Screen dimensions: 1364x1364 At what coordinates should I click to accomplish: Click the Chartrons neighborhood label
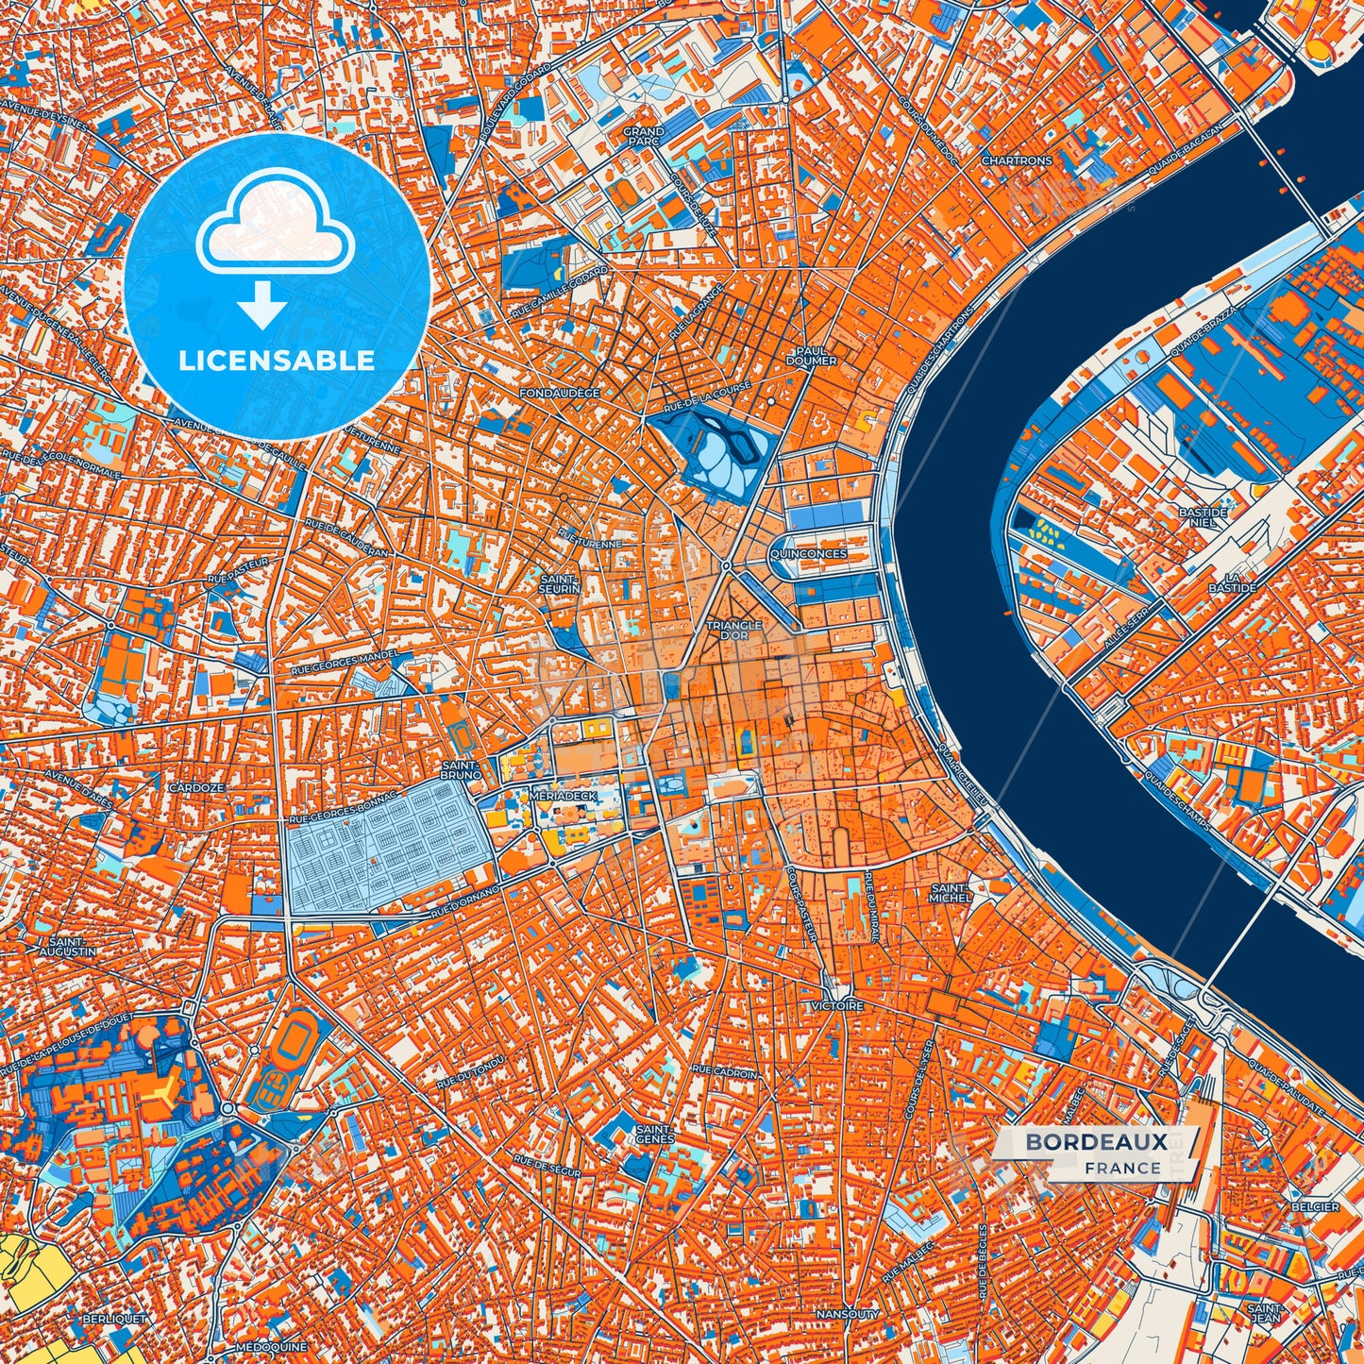pos(1016,160)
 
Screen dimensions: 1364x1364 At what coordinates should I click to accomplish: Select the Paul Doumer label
pos(811,356)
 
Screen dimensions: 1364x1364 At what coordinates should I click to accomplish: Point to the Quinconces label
pos(808,554)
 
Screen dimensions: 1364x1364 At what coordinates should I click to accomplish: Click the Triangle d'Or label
pos(734,631)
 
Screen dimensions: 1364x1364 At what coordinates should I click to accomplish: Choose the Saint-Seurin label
pos(560,583)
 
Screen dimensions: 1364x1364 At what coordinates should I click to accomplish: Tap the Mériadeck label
pos(563,796)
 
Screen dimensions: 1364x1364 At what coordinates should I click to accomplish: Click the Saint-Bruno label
pos(462,769)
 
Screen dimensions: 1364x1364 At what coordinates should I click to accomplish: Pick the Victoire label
pos(836,1006)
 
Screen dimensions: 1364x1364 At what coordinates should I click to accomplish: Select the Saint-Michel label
pos(950,893)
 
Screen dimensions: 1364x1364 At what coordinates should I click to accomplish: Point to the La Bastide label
pos(1238,582)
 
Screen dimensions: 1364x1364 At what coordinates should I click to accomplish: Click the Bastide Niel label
pos(1203,517)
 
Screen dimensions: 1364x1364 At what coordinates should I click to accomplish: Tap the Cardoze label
pos(196,787)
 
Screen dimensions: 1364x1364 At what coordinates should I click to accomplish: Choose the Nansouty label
pos(847,1314)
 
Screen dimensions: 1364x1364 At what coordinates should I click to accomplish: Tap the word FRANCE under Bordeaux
pos(1122,1168)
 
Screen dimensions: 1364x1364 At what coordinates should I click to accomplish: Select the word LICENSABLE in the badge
pos(278,360)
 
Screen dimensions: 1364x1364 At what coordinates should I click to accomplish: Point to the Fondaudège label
pos(560,392)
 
